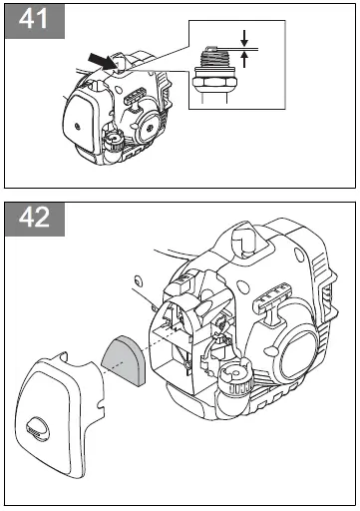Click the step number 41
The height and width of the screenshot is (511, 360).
pos(31,21)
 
